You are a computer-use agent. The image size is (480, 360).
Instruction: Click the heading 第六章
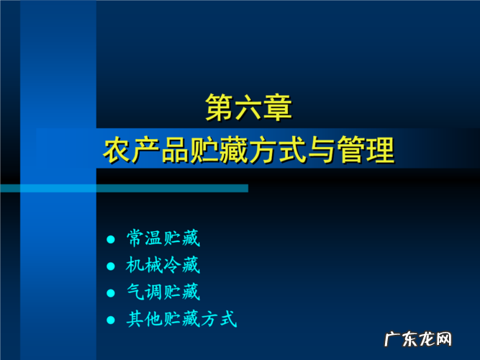click(249, 109)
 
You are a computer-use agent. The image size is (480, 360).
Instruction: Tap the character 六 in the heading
click(249, 109)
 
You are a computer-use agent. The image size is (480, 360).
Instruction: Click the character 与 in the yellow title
click(322, 152)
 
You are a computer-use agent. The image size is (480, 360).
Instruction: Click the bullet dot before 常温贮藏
click(110, 238)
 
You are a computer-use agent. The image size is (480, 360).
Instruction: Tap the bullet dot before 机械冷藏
click(110, 266)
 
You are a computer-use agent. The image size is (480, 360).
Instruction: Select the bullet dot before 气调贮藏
click(110, 293)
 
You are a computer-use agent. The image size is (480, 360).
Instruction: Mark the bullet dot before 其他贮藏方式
click(110, 320)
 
